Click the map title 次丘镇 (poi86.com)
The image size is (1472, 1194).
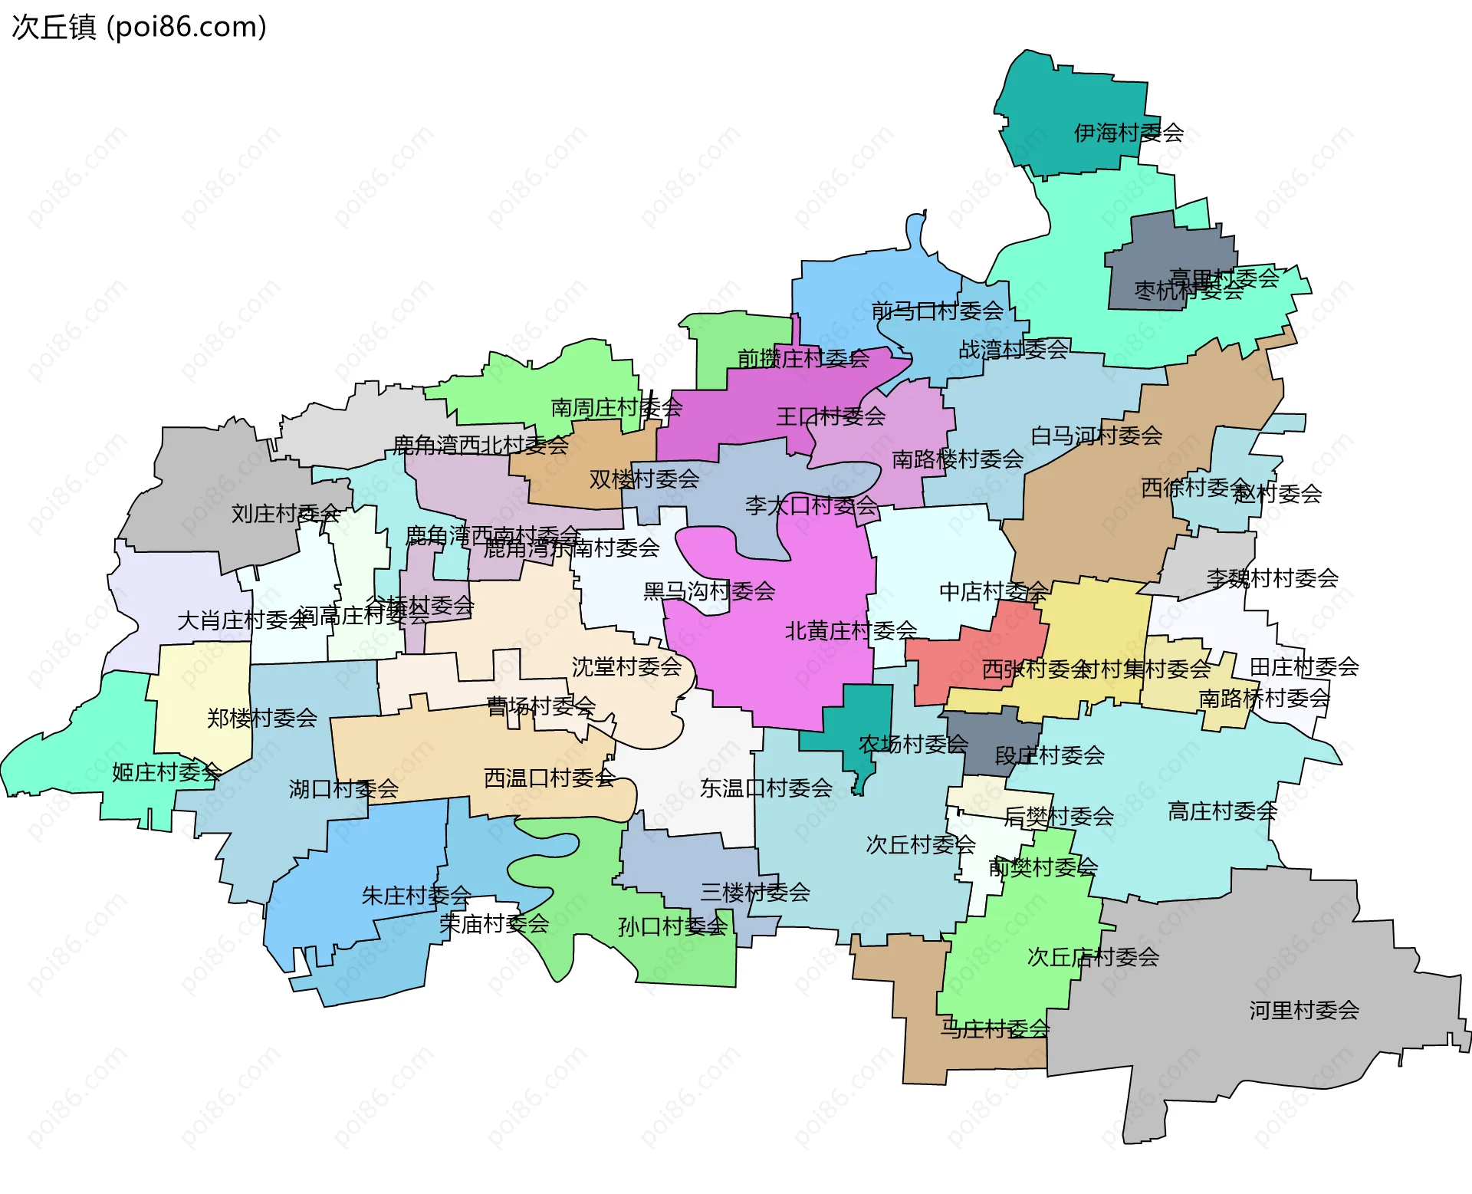click(x=140, y=27)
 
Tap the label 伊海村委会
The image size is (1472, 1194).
click(x=1129, y=133)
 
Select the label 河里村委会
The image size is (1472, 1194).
click(x=1304, y=1010)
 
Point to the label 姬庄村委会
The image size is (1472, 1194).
click(x=166, y=771)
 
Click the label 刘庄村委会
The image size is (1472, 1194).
click(x=285, y=513)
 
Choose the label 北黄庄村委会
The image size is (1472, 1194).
click(x=850, y=630)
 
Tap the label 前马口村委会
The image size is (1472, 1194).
click(x=937, y=311)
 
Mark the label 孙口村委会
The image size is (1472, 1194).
click(x=672, y=926)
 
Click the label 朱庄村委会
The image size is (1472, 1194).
click(x=416, y=895)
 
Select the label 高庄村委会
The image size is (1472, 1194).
click(x=1222, y=811)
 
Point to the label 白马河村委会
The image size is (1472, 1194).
click(x=1096, y=436)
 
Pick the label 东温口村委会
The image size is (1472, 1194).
click(x=766, y=788)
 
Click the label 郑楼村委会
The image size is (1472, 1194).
click(x=261, y=718)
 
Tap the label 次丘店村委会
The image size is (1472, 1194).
click(x=1092, y=956)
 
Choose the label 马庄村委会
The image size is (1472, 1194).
click(x=994, y=1028)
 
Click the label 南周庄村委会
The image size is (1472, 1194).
click(x=616, y=407)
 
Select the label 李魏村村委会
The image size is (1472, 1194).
click(x=1272, y=577)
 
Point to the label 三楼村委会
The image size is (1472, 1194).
click(x=754, y=892)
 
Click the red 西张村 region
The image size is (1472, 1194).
click(x=958, y=656)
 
